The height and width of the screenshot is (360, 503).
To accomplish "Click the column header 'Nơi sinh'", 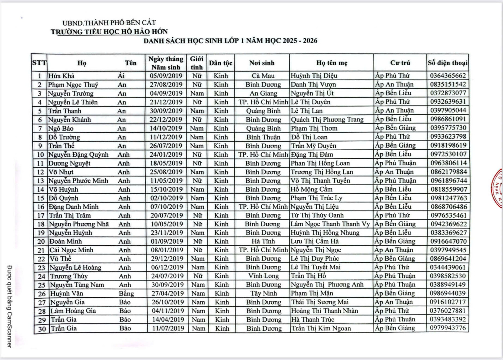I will click(262, 63).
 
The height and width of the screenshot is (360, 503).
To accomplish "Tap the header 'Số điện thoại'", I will click(447, 63).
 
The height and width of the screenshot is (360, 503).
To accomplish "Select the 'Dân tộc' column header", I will click(220, 63).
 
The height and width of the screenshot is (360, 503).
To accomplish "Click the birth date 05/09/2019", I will click(166, 76).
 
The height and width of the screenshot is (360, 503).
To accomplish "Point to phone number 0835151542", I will click(448, 84).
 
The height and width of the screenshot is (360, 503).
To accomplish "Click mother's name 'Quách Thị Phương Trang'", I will click(327, 119).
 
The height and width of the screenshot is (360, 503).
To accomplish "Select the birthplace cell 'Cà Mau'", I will click(263, 76).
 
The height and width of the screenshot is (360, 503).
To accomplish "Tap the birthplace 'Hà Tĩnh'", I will click(263, 241).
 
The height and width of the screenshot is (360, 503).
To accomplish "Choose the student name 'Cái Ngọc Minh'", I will click(71, 250).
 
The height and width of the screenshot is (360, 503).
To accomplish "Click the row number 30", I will click(42, 329).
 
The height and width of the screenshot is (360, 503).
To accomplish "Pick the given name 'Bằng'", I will click(126, 294).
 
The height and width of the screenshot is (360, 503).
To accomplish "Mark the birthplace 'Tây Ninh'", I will click(264, 293).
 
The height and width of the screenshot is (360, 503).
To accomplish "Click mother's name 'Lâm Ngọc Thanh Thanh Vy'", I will click(330, 224).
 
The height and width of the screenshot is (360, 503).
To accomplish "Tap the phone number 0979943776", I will click(448, 328).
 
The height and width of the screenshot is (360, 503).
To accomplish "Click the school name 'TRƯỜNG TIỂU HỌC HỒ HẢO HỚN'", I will click(109, 32).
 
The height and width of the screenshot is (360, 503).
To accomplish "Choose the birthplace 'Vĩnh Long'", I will click(263, 276).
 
